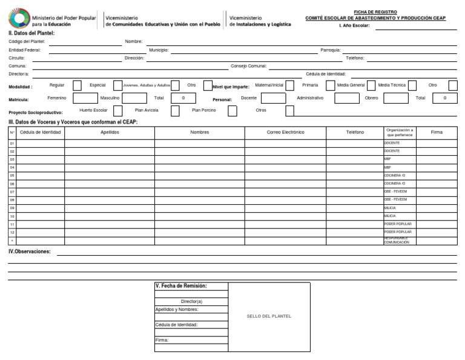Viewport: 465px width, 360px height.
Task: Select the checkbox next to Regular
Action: [x=77, y=86]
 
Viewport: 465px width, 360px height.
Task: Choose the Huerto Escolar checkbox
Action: [x=118, y=111]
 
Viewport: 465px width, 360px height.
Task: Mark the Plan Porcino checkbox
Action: [x=232, y=111]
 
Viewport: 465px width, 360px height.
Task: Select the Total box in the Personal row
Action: [x=445, y=98]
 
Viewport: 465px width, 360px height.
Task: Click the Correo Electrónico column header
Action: [x=285, y=132]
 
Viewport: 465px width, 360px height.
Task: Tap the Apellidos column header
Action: [x=110, y=132]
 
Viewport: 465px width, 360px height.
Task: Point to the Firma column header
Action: [x=436, y=132]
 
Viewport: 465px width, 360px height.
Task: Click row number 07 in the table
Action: [x=12, y=192]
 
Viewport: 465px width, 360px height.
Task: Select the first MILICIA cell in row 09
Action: [x=399, y=207]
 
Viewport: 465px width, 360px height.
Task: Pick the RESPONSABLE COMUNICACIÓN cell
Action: [x=399, y=240]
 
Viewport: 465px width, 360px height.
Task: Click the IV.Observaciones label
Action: [x=29, y=251]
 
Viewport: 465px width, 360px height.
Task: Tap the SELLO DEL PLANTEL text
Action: [x=269, y=316]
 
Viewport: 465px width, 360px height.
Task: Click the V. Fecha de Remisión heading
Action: [x=182, y=285]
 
